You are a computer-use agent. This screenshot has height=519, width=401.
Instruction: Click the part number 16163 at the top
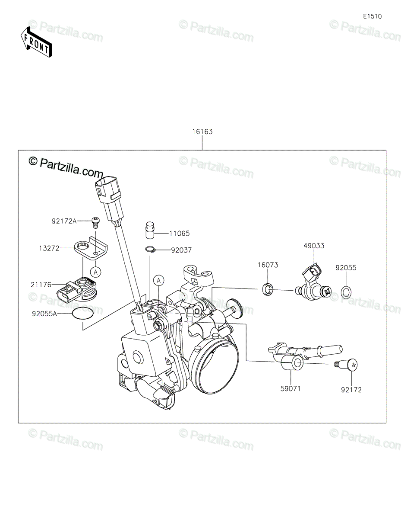coord(202,131)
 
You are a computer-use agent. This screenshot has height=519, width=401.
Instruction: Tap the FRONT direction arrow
coord(36,42)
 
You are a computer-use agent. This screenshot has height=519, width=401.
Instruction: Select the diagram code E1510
coord(373,16)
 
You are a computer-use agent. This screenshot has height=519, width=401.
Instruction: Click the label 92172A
coord(64,221)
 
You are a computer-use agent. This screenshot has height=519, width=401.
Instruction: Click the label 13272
coord(49,248)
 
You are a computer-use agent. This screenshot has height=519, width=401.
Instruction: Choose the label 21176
coord(41,285)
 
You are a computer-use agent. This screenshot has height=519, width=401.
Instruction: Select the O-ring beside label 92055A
coord(83,314)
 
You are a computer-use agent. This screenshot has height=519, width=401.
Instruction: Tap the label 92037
coord(181,250)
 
